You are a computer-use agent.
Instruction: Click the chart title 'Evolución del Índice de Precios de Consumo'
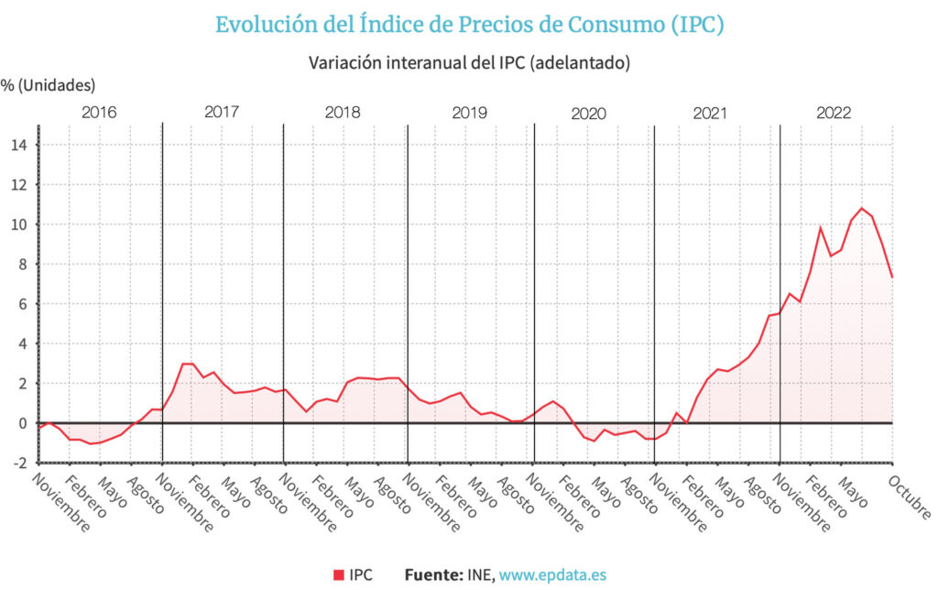pyautogui.click(x=469, y=25)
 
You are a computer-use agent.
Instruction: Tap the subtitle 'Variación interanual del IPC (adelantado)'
pyautogui.click(x=470, y=63)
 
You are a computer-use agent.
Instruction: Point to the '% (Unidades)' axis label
pyautogui.click(x=49, y=86)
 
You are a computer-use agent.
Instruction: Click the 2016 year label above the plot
pyautogui.click(x=99, y=113)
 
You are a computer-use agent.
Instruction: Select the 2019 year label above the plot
pyautogui.click(x=470, y=113)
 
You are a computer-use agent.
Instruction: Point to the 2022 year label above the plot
pyautogui.click(x=834, y=113)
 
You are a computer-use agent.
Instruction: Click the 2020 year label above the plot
pyautogui.click(x=588, y=114)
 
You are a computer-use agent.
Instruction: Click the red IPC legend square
pyautogui.click(x=338, y=574)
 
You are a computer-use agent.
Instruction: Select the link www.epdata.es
pyautogui.click(x=552, y=574)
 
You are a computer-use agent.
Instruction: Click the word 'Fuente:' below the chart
pyautogui.click(x=432, y=574)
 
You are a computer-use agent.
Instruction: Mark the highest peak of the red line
pyautogui.click(x=861, y=208)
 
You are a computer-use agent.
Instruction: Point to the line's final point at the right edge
pyautogui.click(x=892, y=277)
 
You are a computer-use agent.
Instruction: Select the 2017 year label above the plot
pyautogui.click(x=222, y=113)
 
